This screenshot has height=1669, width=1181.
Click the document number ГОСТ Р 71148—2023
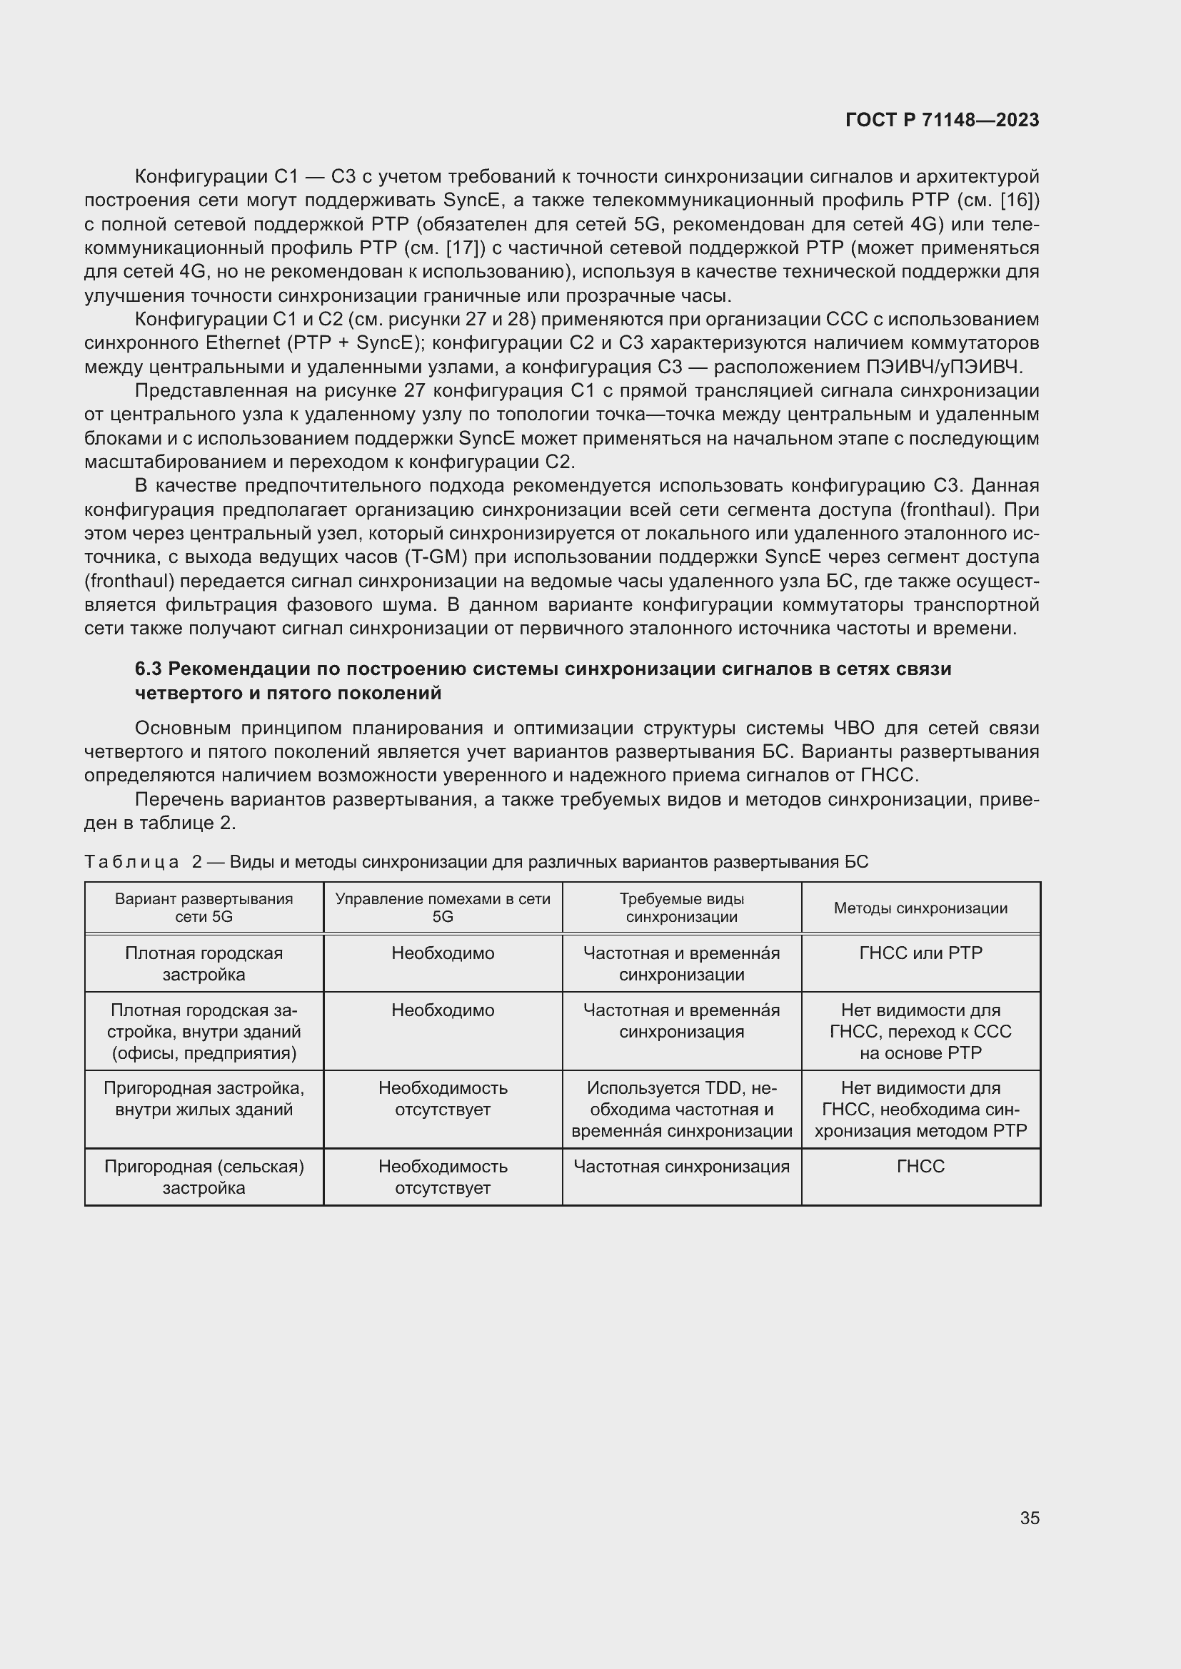coord(942,121)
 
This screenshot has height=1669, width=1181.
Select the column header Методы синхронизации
coord(920,908)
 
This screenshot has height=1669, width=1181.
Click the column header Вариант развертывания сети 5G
coord(203,908)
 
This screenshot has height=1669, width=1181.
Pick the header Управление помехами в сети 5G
coord(442,908)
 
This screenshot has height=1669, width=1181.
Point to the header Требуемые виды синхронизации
coord(681,908)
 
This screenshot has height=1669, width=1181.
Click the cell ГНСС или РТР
coord(920,953)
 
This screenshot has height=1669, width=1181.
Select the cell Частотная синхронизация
coord(681,1167)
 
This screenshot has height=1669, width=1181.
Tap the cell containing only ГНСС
coord(920,1167)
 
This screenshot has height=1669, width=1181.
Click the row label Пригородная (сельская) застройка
coord(203,1177)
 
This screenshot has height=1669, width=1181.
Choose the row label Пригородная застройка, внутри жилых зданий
coord(203,1099)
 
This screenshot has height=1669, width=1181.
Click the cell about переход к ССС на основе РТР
coord(920,1032)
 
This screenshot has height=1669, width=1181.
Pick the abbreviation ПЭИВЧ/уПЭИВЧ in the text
coord(943,367)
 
